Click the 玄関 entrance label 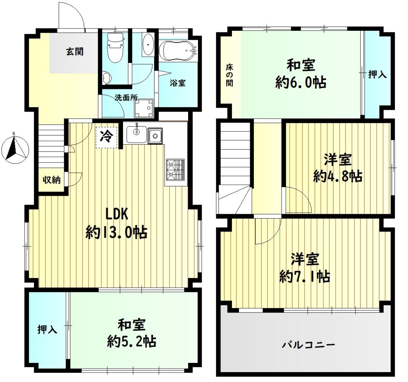[75, 51]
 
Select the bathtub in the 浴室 [178, 50]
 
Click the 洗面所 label [126, 98]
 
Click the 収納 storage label [52, 179]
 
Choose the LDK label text [117, 214]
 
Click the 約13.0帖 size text [117, 232]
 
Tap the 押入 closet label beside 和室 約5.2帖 [47, 329]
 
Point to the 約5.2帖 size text [131, 341]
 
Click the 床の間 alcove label [229, 75]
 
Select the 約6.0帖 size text [301, 83]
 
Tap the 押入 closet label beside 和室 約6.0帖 [377, 75]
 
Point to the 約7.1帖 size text [305, 277]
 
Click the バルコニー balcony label [309, 345]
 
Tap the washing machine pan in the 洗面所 [143, 108]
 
